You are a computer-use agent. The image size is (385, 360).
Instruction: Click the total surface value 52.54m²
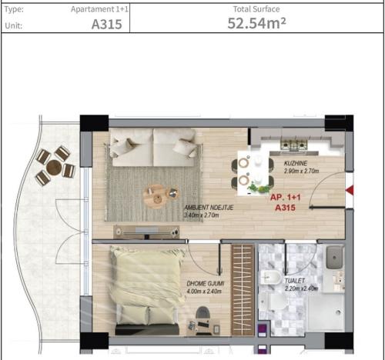coord(256,23)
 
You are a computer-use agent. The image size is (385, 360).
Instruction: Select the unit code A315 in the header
coord(106,24)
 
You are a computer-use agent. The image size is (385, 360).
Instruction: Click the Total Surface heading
coord(256,9)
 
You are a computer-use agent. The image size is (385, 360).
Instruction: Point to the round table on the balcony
coord(54,166)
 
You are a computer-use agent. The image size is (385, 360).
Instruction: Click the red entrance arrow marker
coord(350,189)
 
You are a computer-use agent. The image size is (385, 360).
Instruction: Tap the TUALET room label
coord(296,282)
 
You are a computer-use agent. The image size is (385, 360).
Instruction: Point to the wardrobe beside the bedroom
coord(242,288)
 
